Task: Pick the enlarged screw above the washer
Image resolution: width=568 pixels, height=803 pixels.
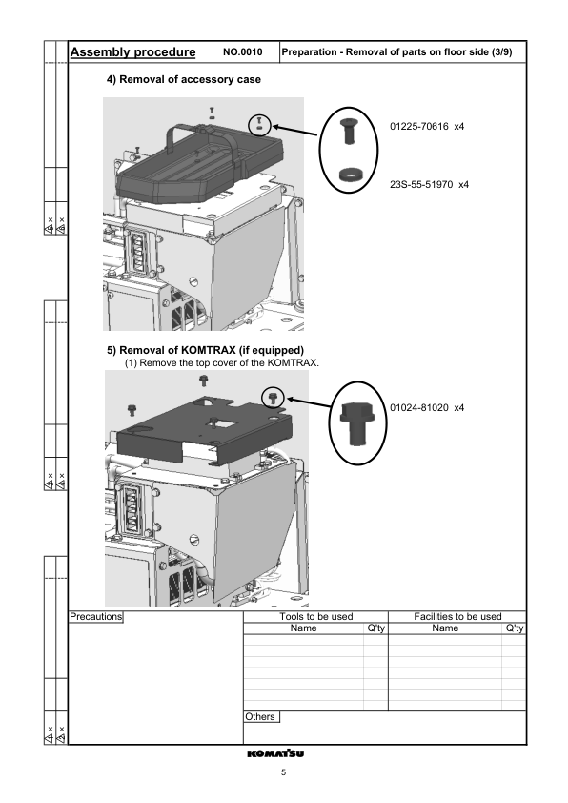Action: point(349,128)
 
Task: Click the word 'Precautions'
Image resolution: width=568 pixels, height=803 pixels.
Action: point(96,617)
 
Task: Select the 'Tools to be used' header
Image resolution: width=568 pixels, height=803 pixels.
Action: point(316,617)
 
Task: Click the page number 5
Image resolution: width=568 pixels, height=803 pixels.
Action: point(283,772)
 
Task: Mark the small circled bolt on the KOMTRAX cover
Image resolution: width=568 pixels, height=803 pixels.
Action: point(273,394)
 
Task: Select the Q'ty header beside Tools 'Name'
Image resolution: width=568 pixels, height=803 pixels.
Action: point(375,628)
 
